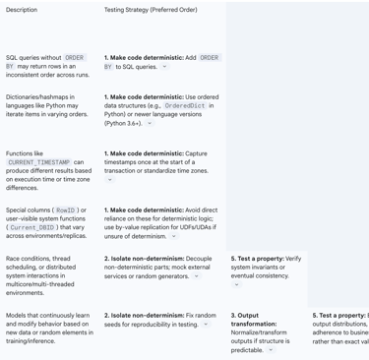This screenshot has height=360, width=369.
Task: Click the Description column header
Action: click(22, 10)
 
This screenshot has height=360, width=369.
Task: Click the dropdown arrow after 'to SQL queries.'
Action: click(164, 67)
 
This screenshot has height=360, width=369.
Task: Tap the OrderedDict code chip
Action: click(192, 105)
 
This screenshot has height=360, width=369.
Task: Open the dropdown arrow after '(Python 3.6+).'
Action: click(150, 123)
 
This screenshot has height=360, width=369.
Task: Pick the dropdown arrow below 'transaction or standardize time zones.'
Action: click(109, 180)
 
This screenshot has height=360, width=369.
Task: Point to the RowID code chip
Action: click(66, 210)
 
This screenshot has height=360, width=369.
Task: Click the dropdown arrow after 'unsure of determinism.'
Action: click(174, 236)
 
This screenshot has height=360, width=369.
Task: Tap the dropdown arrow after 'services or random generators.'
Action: click(196, 275)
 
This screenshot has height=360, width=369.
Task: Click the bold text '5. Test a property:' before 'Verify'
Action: click(256, 259)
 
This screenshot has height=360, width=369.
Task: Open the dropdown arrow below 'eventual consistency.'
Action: click(236, 284)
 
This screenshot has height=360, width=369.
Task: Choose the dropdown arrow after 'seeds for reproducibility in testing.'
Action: click(206, 324)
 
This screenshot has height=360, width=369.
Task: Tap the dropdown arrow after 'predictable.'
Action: click(271, 349)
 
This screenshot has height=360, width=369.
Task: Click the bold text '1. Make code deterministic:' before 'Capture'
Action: click(144, 153)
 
